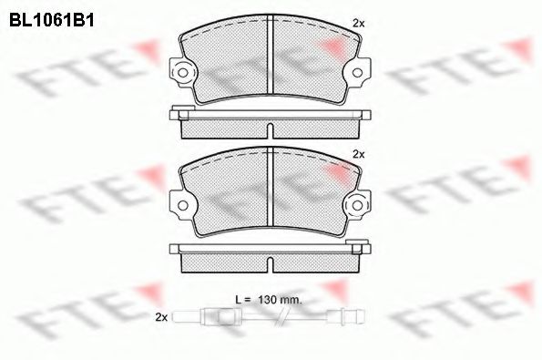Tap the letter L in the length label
coord(237,299)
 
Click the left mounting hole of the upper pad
coord(184,70)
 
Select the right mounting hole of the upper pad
coord(357,70)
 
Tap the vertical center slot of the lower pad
coord(271,189)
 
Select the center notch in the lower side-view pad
coord(271,264)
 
